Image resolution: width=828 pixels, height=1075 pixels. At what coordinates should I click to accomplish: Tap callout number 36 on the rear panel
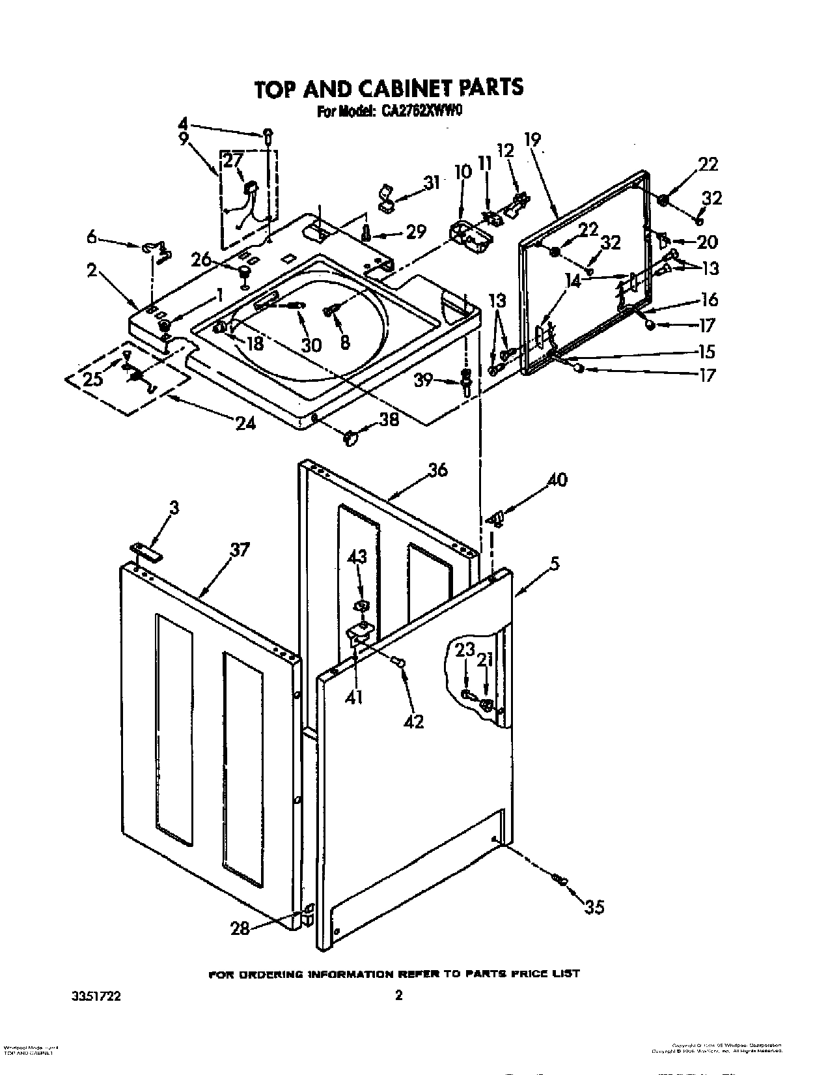tap(438, 469)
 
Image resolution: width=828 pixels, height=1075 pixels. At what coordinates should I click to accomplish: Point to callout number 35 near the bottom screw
tap(594, 906)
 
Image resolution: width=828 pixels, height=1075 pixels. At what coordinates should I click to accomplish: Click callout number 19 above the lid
tap(532, 139)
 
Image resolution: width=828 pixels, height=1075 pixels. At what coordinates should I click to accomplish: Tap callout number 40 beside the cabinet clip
tap(557, 480)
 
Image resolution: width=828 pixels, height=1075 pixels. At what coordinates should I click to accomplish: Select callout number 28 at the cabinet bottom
tap(240, 928)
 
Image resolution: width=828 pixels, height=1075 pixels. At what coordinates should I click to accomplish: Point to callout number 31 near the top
tap(430, 183)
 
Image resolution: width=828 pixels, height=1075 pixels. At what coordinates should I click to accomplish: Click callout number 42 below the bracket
tap(414, 721)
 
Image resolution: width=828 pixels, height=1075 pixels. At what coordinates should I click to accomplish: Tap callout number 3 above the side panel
tap(174, 509)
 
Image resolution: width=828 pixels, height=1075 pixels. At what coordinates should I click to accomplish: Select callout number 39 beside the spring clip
tap(424, 379)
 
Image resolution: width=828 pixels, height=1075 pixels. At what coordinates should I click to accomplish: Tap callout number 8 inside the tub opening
tap(344, 343)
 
